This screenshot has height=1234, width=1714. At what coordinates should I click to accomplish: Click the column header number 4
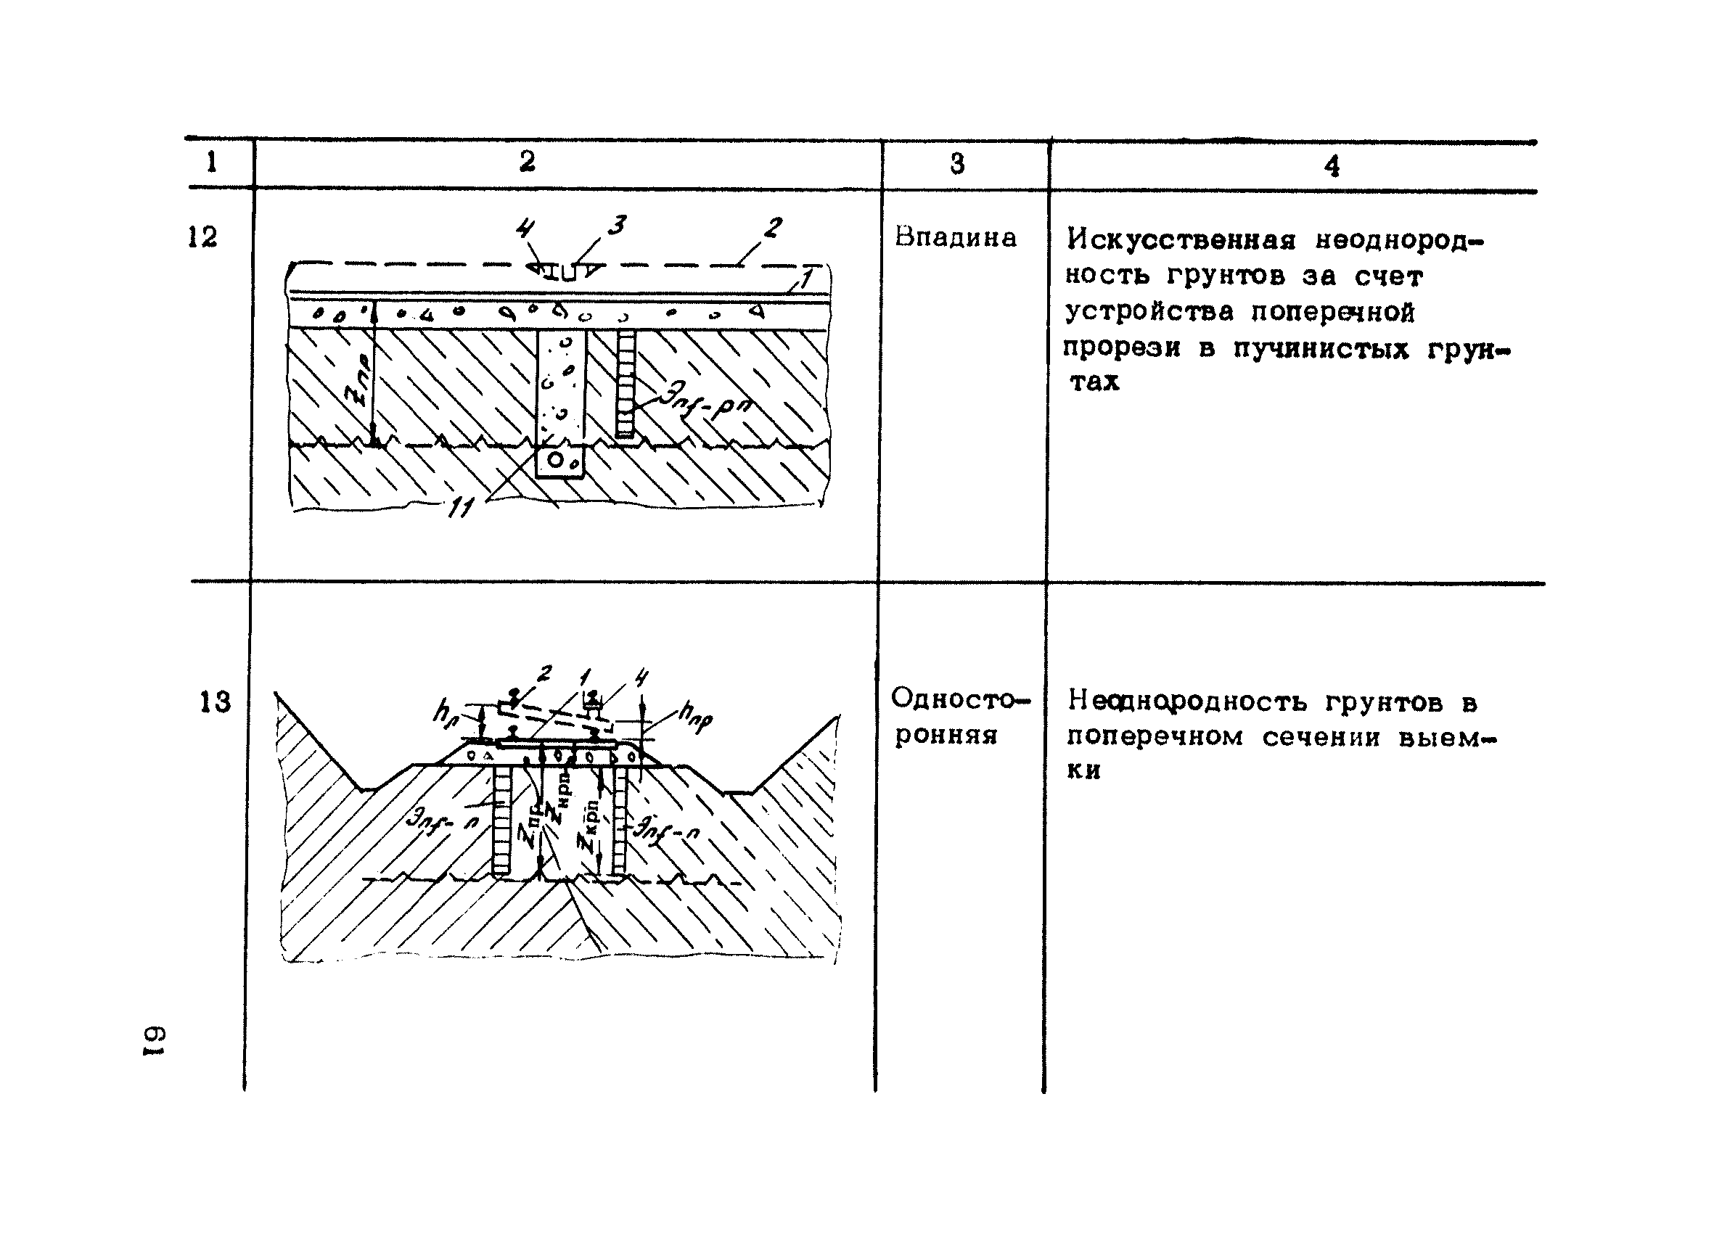pos(1332,166)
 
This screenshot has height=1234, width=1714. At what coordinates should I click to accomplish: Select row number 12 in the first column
pos(202,237)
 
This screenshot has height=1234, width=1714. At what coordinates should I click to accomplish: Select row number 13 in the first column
pos(215,702)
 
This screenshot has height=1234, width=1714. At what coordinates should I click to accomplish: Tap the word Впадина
pos(955,238)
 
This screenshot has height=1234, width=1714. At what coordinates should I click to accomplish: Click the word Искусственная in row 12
pos(1181,241)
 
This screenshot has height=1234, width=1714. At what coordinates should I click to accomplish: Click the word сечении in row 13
pos(1319,737)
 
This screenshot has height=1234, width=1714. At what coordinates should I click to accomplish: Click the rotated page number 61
pos(155,1041)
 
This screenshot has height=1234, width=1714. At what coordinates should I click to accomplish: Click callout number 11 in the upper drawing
pos(460,509)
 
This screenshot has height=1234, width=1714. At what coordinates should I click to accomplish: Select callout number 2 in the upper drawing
pos(772,228)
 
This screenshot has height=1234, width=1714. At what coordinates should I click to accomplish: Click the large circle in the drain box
pos(555,460)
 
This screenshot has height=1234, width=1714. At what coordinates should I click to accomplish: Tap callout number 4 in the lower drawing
pos(641,678)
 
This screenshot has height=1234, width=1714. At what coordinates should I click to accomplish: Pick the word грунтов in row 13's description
pos(1384,703)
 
